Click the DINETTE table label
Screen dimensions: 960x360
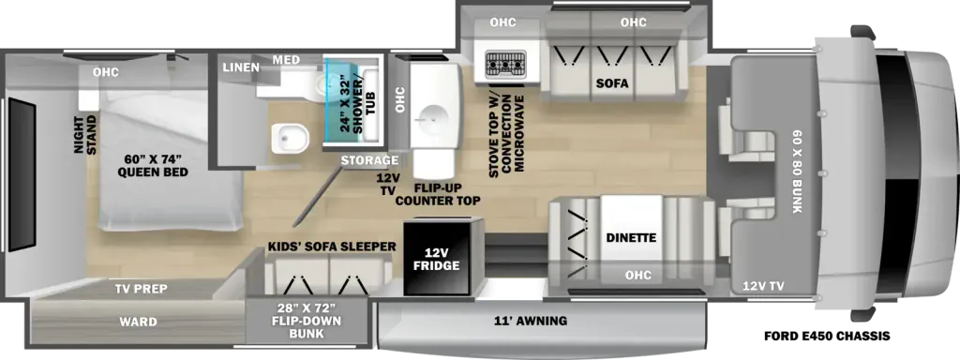[x=631, y=237]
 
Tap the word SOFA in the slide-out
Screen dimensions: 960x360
[x=612, y=83]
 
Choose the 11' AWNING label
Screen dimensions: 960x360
[x=532, y=321]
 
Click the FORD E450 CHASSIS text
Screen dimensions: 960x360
[x=827, y=337]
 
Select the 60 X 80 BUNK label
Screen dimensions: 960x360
[x=797, y=172]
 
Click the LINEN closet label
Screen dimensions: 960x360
[x=241, y=67]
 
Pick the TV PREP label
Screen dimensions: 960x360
[x=141, y=289]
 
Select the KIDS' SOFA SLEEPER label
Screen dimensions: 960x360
[x=331, y=247]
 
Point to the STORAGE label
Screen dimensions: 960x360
[x=369, y=160]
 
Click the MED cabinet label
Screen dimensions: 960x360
[x=287, y=59]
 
